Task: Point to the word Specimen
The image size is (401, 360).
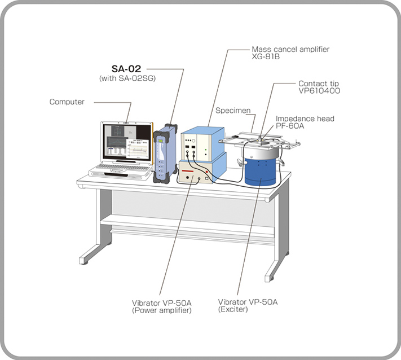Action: pyautogui.click(x=233, y=111)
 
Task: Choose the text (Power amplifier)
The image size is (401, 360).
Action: pyautogui.click(x=162, y=310)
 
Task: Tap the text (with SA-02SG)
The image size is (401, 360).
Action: pyautogui.click(x=127, y=78)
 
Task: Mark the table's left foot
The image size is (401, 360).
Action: pyautogui.click(x=88, y=261)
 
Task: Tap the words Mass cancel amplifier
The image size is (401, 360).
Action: pyautogui.click(x=290, y=49)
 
